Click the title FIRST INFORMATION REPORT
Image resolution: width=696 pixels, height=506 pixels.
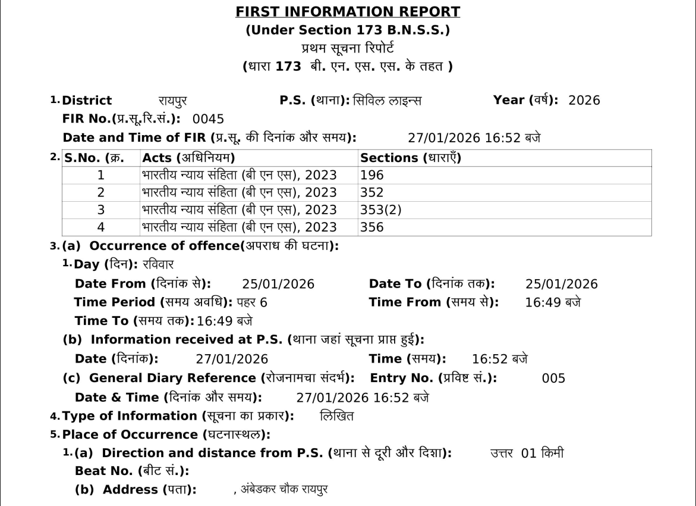click(348, 11)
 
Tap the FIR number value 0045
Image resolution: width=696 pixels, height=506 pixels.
click(208, 118)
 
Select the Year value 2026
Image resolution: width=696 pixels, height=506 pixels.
click(584, 100)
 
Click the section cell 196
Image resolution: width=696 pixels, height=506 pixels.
click(372, 175)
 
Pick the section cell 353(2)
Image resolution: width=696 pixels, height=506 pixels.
click(380, 210)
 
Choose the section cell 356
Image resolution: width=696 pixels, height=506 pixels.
click(372, 227)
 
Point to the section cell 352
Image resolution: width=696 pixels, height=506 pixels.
click(372, 192)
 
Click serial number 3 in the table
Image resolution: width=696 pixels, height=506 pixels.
click(100, 210)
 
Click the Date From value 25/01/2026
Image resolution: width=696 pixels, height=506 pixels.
click(278, 284)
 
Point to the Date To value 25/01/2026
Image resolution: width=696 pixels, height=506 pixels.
click(562, 284)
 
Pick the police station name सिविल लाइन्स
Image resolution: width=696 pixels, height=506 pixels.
click(387, 101)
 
